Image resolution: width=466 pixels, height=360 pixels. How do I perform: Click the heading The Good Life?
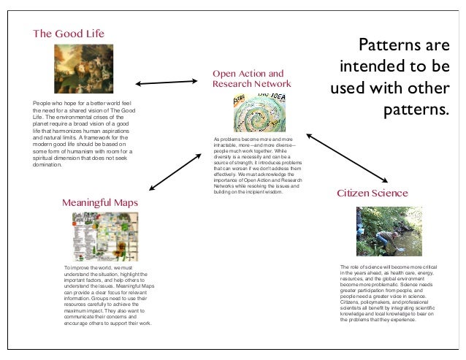click(x=69, y=34)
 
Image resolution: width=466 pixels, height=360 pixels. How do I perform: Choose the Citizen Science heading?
click(x=372, y=194)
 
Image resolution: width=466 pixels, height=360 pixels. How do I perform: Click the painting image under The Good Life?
click(x=83, y=69)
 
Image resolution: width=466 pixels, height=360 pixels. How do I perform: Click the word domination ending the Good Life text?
click(x=48, y=165)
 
